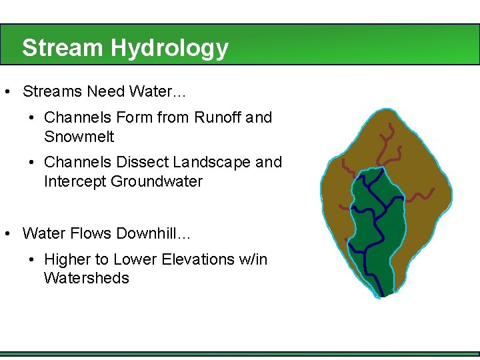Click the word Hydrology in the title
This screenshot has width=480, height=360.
coord(169,48)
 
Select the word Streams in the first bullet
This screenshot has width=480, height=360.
coord(52,91)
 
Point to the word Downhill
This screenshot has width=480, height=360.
coord(150,233)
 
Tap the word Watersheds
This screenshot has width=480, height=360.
coord(86,278)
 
